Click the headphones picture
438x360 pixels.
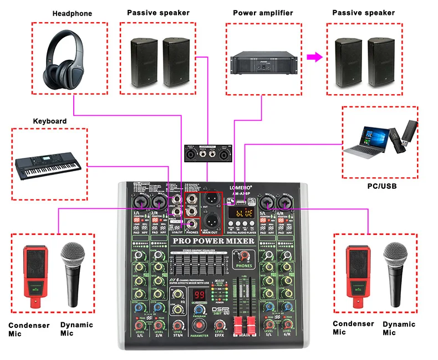[60, 55]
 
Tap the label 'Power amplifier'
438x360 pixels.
[263, 12]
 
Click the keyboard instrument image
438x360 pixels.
[48, 165]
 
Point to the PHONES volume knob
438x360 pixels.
[242, 256]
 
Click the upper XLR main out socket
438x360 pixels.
[211, 199]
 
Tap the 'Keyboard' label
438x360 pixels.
[50, 121]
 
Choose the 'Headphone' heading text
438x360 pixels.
[72, 13]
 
